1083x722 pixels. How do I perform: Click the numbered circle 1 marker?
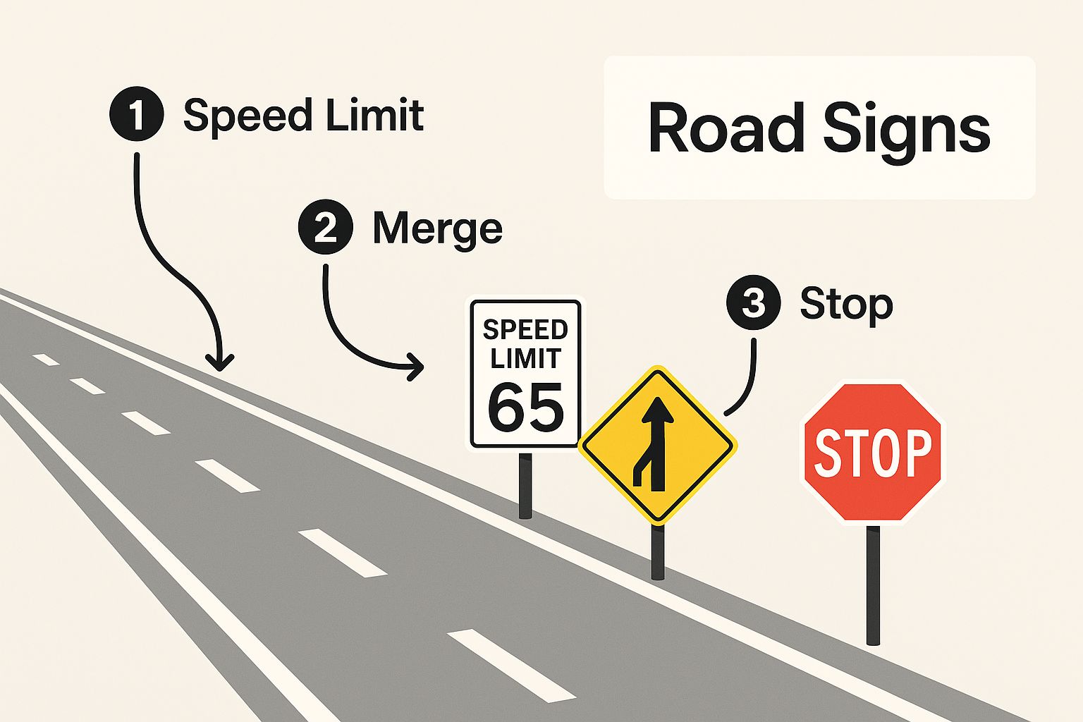pyautogui.click(x=137, y=114)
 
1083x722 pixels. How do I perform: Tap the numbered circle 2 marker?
pyautogui.click(x=326, y=227)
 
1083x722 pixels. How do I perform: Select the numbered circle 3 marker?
pyautogui.click(x=754, y=302)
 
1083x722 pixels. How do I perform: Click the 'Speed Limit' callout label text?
pyautogui.click(x=304, y=116)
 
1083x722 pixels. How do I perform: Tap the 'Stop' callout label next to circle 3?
pyautogui.click(x=846, y=305)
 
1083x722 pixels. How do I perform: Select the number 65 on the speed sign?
pyautogui.click(x=525, y=408)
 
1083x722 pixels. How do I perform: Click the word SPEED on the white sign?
pyautogui.click(x=525, y=330)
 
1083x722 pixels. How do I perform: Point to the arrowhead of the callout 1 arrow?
pyautogui.click(x=220, y=362)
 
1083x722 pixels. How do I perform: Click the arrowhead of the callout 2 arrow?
pyautogui.click(x=415, y=367)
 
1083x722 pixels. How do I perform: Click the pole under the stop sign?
pyautogui.click(x=873, y=585)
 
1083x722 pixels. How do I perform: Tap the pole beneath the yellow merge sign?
pyautogui.click(x=658, y=552)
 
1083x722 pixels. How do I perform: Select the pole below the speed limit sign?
pyautogui.click(x=525, y=486)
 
